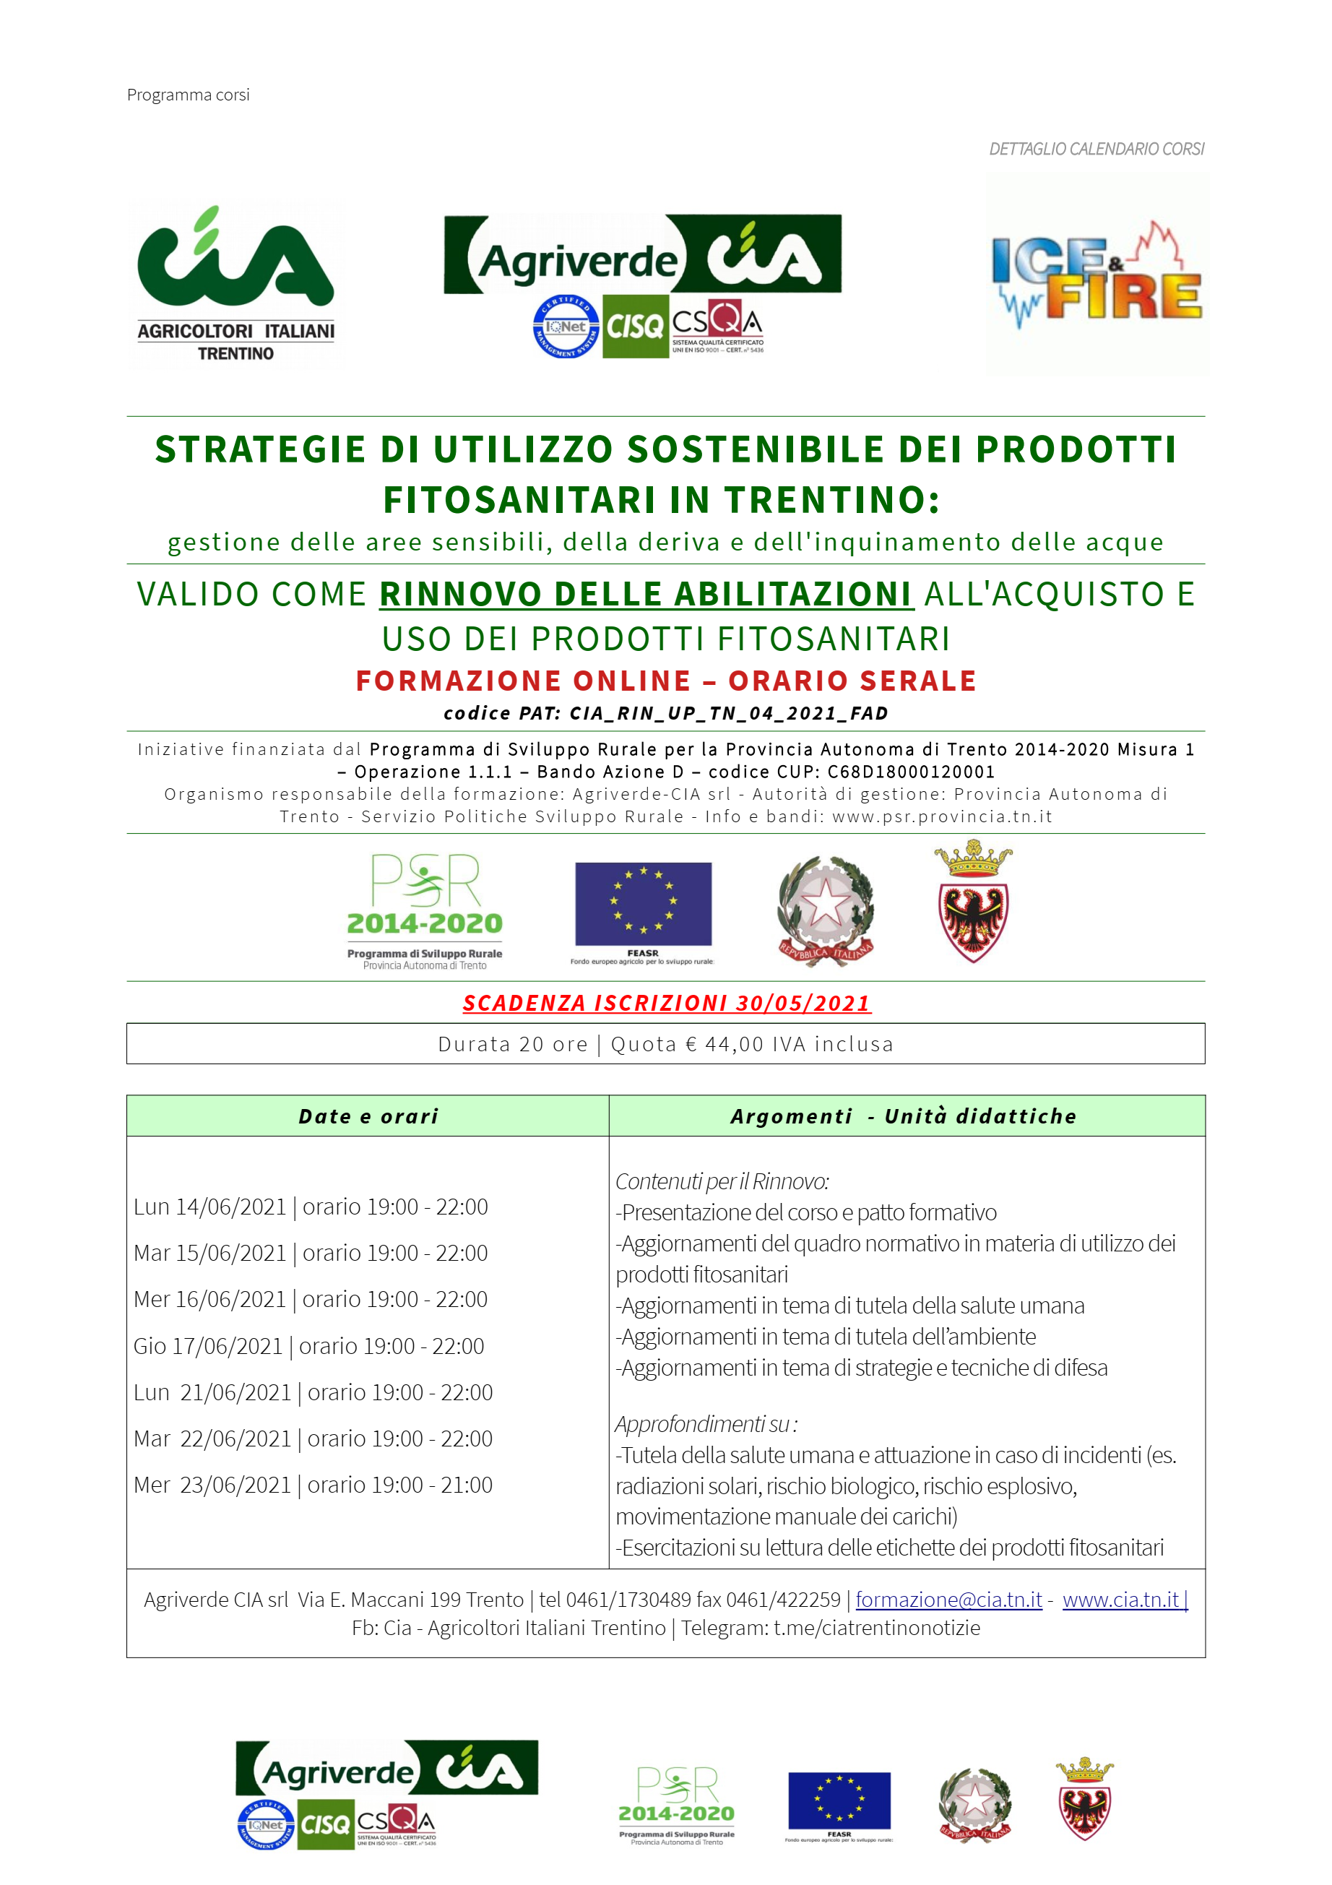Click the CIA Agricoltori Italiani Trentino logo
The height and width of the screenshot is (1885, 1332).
pos(235,283)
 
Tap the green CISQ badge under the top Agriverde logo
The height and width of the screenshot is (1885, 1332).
pos(634,327)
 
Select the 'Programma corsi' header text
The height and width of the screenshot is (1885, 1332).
pos(188,95)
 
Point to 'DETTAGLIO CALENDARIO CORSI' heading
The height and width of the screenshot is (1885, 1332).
pos(1096,150)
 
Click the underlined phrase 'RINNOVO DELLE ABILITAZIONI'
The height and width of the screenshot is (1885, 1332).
pos(646,594)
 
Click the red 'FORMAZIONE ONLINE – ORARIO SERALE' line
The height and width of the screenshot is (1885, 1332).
pos(665,681)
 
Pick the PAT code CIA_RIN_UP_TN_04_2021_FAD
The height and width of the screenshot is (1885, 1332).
pos(729,713)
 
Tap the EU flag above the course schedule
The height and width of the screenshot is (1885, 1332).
pos(643,904)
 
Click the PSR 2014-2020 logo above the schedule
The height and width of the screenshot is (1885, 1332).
pos(424,910)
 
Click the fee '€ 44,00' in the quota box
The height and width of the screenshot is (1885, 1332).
pos(734,1044)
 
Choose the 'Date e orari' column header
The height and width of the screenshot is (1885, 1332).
pos(368,1116)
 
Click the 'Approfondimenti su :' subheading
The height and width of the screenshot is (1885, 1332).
pos(706,1423)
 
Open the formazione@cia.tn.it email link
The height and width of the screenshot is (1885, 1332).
pos(948,1600)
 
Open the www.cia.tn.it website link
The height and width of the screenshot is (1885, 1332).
pos(1123,1600)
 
